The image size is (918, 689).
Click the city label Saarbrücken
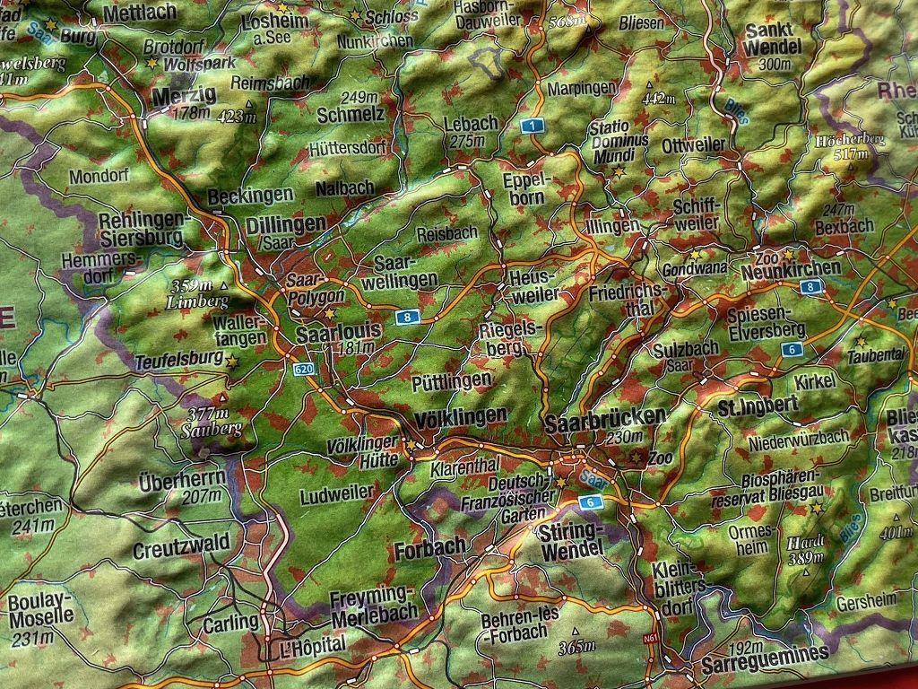click(x=605, y=418)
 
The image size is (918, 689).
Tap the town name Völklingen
click(x=462, y=417)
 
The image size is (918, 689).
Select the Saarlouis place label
click(x=339, y=331)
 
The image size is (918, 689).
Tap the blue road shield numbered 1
click(x=533, y=126)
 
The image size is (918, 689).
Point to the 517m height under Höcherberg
click(x=849, y=154)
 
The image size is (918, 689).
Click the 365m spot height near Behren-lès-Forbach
click(x=576, y=646)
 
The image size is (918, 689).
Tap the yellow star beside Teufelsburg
click(x=233, y=361)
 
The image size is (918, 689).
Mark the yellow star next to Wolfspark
click(x=152, y=64)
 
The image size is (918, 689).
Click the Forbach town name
click(x=429, y=546)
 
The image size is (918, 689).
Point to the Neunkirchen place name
click(x=791, y=268)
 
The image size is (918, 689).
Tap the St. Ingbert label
click(x=758, y=405)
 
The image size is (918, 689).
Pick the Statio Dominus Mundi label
click(x=619, y=142)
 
